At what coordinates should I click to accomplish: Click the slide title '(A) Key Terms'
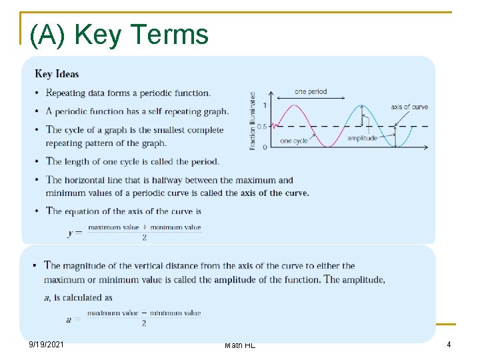[x=119, y=34]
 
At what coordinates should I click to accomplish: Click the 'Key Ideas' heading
[x=57, y=74]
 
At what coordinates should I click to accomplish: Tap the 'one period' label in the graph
[x=311, y=91]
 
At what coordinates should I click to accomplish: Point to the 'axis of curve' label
[x=409, y=107]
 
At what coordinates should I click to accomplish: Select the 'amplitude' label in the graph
[x=362, y=138]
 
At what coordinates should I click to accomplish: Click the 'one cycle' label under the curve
[x=294, y=141]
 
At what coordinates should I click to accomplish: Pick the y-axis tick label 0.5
[x=262, y=126]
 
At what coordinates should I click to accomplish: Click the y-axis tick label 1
[x=265, y=105]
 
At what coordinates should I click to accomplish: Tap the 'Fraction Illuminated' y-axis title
[x=253, y=121]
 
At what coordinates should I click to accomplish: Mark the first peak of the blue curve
[x=361, y=105]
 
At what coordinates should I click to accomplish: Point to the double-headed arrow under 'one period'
[x=311, y=99]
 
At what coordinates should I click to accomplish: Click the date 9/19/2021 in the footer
[x=47, y=345]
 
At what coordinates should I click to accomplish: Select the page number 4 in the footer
[x=449, y=345]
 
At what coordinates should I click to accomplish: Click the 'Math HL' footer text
[x=240, y=345]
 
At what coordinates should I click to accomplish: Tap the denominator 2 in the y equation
[x=144, y=237]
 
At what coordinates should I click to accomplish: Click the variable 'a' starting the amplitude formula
[x=69, y=319]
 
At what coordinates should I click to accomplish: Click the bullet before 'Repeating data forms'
[x=35, y=93]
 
